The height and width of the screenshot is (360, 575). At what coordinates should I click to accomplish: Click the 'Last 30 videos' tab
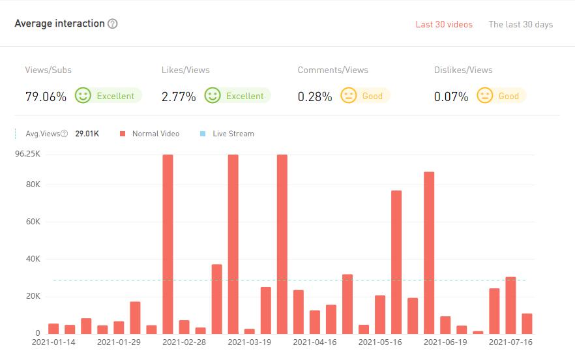[x=444, y=25]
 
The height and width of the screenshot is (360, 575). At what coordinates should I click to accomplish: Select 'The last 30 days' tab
[x=520, y=25]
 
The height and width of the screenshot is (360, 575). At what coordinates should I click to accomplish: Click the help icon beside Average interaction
[x=113, y=24]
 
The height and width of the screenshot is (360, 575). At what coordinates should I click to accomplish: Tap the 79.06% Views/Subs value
[x=46, y=97]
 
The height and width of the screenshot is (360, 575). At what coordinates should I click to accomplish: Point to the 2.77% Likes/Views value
[x=179, y=97]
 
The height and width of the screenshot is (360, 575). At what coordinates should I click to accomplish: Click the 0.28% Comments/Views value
[x=315, y=97]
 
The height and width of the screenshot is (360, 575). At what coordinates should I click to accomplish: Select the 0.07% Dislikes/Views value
[x=451, y=97]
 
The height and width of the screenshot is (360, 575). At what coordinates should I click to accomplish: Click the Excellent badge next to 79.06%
[x=108, y=96]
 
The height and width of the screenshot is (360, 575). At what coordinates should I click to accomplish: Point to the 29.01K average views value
[x=87, y=134]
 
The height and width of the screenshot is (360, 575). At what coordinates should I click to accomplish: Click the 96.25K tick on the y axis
[x=29, y=155]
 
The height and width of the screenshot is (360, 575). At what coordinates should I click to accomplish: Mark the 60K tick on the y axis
[x=33, y=222]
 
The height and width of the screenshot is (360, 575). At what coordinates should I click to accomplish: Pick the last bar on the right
[x=527, y=323]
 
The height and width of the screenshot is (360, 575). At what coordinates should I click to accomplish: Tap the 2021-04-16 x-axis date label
[x=314, y=342]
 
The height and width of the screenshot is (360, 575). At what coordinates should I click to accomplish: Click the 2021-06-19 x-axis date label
[x=445, y=342]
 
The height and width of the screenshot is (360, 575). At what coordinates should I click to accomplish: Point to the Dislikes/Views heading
[x=463, y=70]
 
